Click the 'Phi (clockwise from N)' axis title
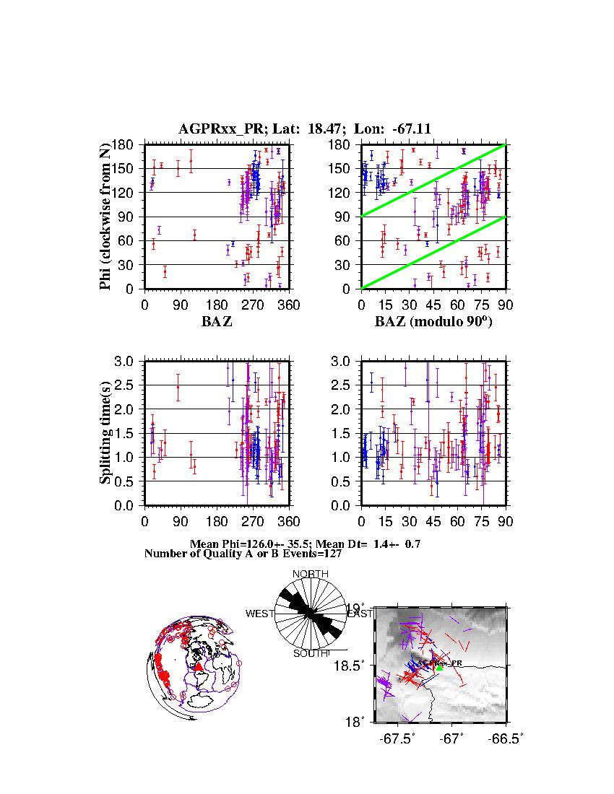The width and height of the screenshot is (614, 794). [x=105, y=217]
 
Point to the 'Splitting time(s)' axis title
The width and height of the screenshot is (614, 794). [x=105, y=433]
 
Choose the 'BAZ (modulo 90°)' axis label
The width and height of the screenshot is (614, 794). [x=433, y=322]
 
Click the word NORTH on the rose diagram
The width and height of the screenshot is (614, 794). [x=310, y=574]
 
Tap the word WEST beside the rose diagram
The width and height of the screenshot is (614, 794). [x=260, y=614]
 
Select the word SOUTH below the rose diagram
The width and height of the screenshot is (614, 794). [x=311, y=654]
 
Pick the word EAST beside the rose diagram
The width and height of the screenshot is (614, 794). [x=360, y=614]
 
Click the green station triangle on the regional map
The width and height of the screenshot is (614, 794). [x=439, y=668]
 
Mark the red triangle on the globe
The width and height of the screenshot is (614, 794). [x=199, y=667]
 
